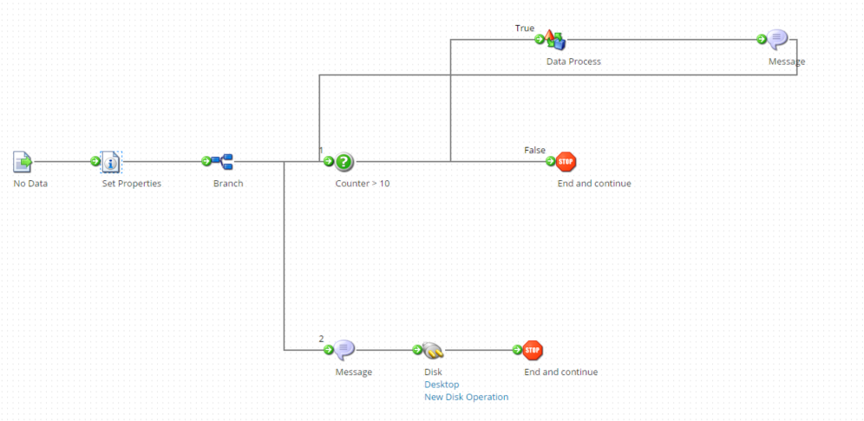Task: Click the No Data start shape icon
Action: coord(23,161)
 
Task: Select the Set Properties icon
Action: coord(111,161)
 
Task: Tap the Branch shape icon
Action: coord(224,161)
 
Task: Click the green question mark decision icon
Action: coord(344,161)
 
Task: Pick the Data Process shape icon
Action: coord(555,39)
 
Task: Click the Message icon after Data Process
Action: coord(778,39)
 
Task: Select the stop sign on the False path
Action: coord(566,161)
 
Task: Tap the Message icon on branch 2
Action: coord(344,350)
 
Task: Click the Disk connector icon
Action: coord(433,350)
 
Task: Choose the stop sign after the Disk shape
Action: coord(533,350)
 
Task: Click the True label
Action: coord(525,29)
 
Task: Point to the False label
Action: coord(534,150)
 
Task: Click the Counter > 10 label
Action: coord(363,184)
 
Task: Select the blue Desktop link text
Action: coord(442,385)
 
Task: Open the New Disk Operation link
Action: coord(466,397)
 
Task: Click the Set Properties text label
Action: coord(132,184)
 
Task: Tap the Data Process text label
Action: coord(573,62)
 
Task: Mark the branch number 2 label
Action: coord(321,339)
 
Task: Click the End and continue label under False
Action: coord(594,184)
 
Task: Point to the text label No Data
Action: coord(30,184)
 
